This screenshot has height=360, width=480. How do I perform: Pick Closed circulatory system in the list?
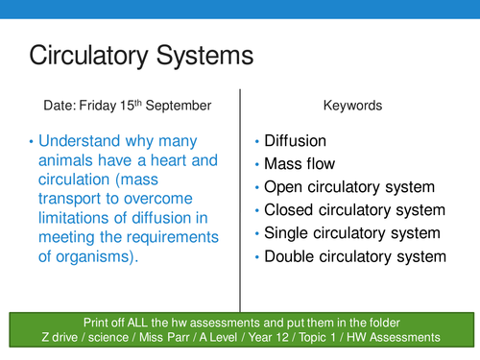[354, 210]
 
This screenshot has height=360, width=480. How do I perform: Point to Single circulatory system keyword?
[352, 233]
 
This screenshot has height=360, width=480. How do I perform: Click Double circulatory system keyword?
[355, 256]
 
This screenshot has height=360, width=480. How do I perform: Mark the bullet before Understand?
[32, 141]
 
